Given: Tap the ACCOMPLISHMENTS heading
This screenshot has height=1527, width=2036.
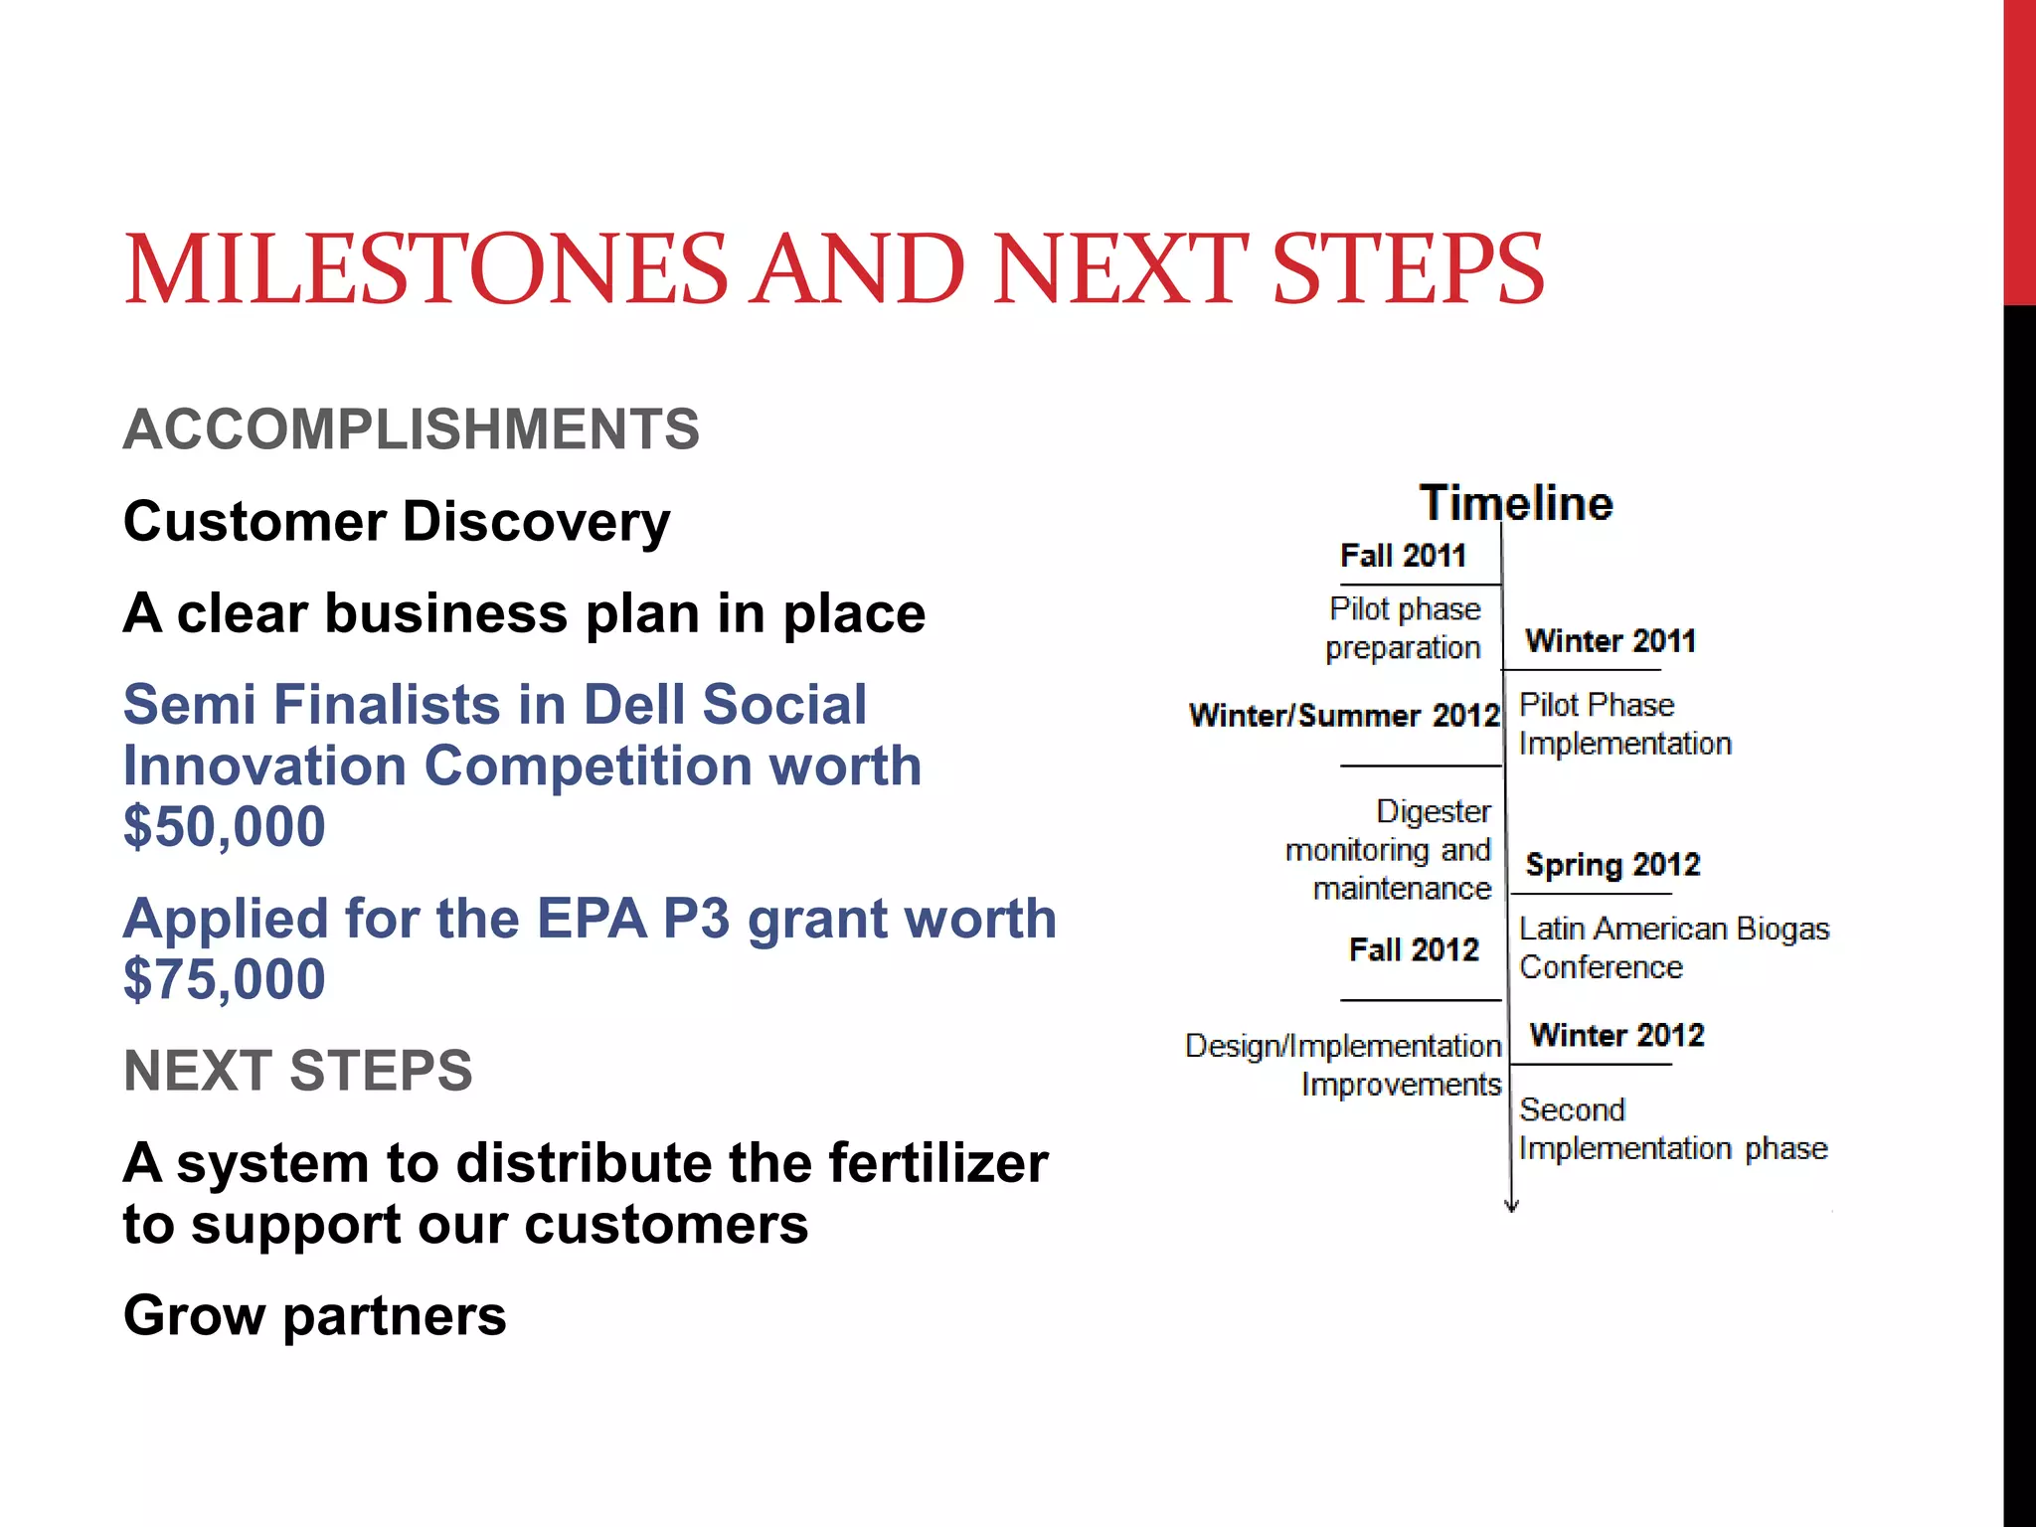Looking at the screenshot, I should coord(412,429).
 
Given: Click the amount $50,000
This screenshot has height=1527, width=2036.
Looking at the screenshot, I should coord(225,827).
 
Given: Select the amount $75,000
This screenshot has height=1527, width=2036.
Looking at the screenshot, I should coord(225,980).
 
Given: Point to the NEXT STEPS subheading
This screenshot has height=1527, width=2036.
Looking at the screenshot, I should coord(298,1071).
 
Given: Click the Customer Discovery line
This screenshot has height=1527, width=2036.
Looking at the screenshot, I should coord(397,522).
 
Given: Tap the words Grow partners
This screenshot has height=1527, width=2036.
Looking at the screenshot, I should coord(314,1316).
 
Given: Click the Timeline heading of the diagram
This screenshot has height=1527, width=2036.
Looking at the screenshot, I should coord(1515,503).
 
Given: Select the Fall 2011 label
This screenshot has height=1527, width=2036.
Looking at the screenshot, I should coord(1403,556).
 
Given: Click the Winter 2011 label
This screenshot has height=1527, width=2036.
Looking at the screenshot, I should coord(1611,641).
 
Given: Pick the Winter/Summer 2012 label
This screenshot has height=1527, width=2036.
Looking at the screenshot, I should coord(1343,716).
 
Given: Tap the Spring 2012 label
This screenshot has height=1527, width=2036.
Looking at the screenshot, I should coord(1612,865).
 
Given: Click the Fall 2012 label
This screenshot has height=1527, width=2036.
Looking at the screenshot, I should coord(1414,950).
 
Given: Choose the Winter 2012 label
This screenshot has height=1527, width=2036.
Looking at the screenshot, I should coord(1616,1036).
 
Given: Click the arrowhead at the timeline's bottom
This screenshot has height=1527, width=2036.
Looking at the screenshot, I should coord(1511,1206).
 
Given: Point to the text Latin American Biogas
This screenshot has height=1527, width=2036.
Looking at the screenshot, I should coord(1674,929).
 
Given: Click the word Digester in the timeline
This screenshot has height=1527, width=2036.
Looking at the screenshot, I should coord(1433,812).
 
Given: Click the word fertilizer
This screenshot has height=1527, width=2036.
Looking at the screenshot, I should coord(937,1163).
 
